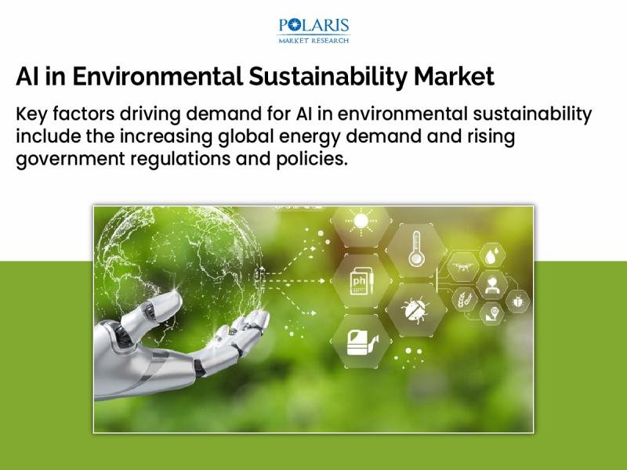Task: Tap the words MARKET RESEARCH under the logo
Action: (x=313, y=39)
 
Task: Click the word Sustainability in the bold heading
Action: (x=332, y=77)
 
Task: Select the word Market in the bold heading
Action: (x=455, y=77)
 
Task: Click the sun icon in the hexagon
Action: (x=361, y=222)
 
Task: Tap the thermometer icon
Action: (x=415, y=249)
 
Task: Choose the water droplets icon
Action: (x=491, y=256)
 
